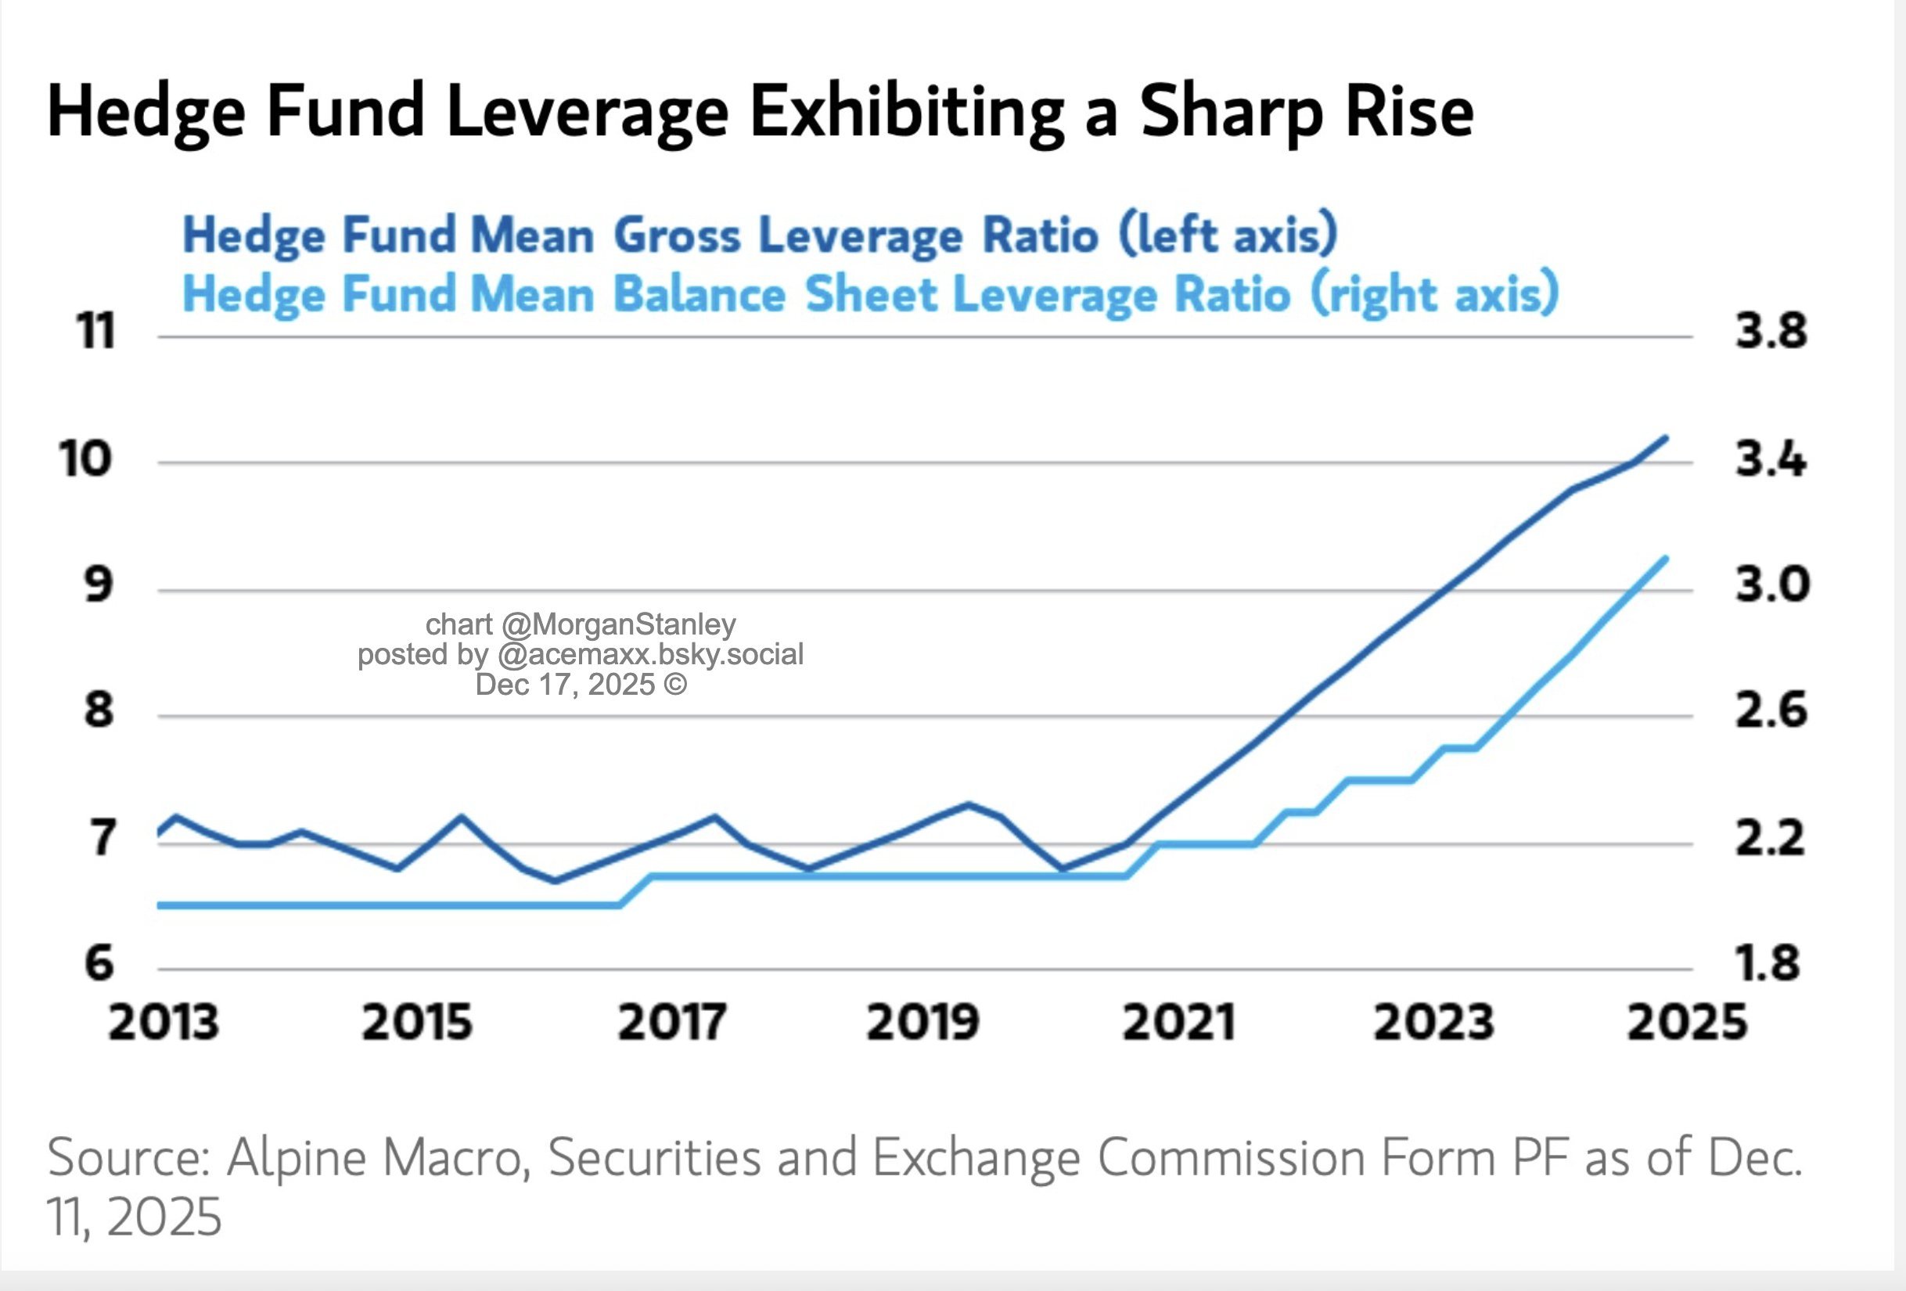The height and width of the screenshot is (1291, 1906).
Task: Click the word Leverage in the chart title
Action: point(588,113)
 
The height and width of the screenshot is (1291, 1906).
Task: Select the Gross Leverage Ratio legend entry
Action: point(760,236)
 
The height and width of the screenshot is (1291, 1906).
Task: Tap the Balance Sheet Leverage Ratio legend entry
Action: point(869,294)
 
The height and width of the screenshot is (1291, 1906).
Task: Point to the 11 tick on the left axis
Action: point(96,333)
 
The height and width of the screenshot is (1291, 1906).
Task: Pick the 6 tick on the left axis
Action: point(99,963)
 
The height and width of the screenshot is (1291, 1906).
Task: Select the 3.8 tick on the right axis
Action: point(1771,333)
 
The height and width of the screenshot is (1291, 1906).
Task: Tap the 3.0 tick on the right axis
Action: point(1771,584)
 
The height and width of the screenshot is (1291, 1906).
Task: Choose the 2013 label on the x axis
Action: point(164,1023)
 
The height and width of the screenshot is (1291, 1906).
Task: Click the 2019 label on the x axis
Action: point(922,1023)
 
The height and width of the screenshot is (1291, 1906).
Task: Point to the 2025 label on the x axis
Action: point(1687,1023)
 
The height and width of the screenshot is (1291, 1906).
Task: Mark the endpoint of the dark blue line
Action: point(1666,438)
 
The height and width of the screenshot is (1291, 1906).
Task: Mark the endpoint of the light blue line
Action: point(1666,559)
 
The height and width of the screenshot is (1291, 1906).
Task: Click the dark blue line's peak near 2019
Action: point(969,804)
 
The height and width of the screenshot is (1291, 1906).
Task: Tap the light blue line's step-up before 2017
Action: point(635,890)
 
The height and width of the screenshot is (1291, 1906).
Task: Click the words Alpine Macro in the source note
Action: point(378,1157)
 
